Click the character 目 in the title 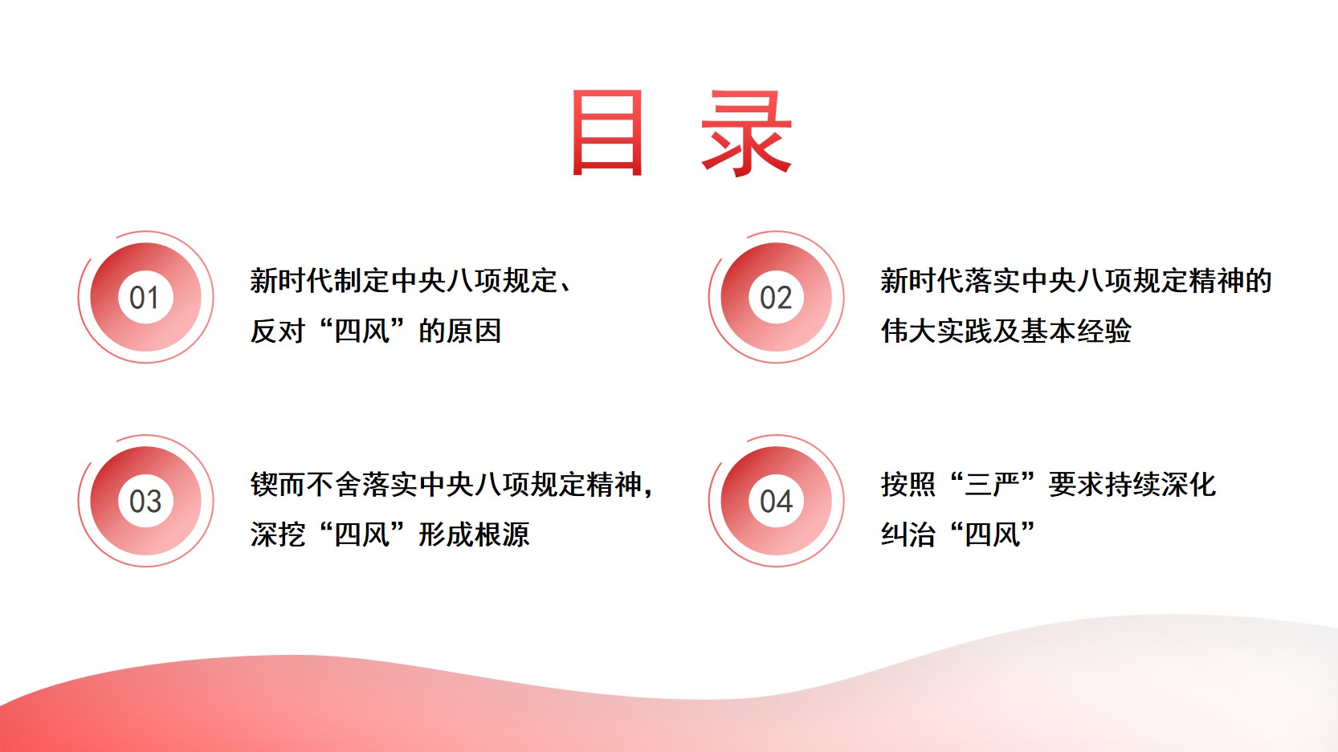pyautogui.click(x=607, y=132)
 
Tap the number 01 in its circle pyautogui.click(x=145, y=297)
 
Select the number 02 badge pyautogui.click(x=776, y=297)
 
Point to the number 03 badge pyautogui.click(x=145, y=502)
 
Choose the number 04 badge pyautogui.click(x=776, y=502)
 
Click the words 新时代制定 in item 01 pyautogui.click(x=320, y=281)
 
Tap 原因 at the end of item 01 pyautogui.click(x=474, y=331)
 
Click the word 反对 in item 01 pyautogui.click(x=278, y=331)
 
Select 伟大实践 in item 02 pyautogui.click(x=936, y=331)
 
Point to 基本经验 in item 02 pyautogui.click(x=1076, y=331)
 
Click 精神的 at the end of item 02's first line pyautogui.click(x=1230, y=281)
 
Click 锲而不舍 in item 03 pyautogui.click(x=306, y=484)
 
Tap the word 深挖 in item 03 pyautogui.click(x=278, y=535)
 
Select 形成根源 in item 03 pyautogui.click(x=475, y=535)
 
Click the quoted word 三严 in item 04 pyautogui.click(x=993, y=484)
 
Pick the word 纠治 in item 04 pyautogui.click(x=908, y=535)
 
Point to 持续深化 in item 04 pyautogui.click(x=1161, y=484)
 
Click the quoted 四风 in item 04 pyautogui.click(x=993, y=535)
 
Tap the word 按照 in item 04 pyautogui.click(x=908, y=484)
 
